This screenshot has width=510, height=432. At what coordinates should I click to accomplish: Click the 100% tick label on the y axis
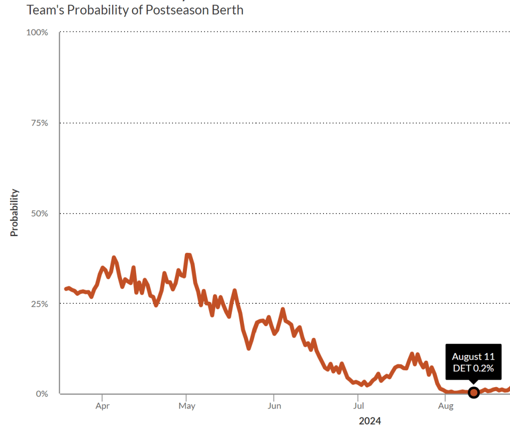coord(37,32)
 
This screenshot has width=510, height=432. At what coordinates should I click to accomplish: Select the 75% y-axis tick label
coord(38,123)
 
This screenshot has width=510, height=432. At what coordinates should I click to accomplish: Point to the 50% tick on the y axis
coord(38,214)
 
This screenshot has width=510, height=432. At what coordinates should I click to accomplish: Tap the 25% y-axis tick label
coord(38,304)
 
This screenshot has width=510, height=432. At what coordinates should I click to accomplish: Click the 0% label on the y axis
coord(41,394)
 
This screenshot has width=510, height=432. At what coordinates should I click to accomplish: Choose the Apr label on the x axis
coord(102,406)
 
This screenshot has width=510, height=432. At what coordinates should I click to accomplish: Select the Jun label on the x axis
coord(274,406)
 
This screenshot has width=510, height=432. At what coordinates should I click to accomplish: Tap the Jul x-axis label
coord(357,406)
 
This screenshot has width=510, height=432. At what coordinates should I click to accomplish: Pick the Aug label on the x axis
coord(445,406)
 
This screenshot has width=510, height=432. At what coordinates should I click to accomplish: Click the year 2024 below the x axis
coord(370,421)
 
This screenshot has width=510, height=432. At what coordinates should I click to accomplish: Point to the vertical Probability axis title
coord(14,213)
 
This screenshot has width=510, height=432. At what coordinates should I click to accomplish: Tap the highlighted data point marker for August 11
coord(474,393)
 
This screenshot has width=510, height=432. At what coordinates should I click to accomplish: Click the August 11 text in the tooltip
coord(473,357)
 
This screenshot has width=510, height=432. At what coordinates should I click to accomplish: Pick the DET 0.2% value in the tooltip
coord(473,369)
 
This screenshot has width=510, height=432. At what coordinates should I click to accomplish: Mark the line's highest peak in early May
coord(187,255)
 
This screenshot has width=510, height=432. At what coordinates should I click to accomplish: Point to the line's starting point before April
coord(66,289)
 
